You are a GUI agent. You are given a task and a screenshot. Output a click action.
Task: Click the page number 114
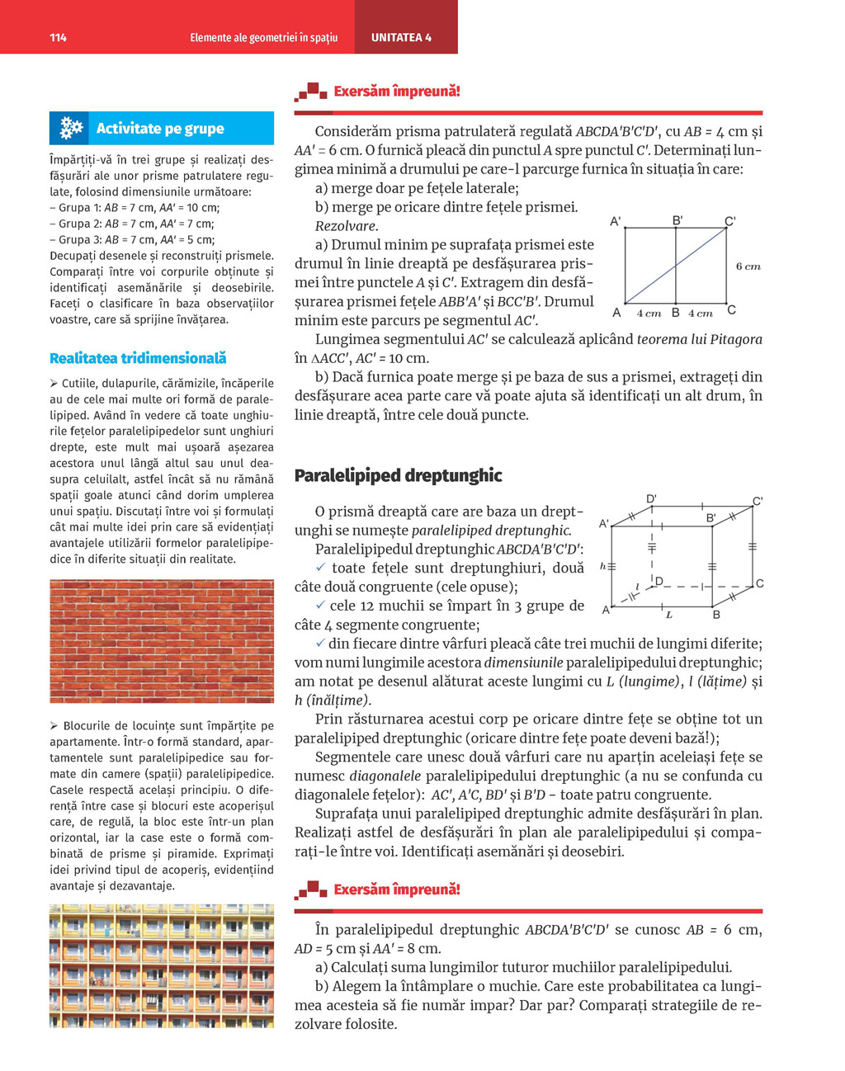tap(58, 37)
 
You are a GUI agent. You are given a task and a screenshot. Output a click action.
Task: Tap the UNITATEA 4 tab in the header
tap(401, 37)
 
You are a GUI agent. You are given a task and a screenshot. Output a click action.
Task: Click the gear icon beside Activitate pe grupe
tap(71, 128)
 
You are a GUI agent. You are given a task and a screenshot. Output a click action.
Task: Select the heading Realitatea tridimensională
tap(138, 358)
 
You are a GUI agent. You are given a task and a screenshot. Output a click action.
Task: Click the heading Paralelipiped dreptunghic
tap(398, 475)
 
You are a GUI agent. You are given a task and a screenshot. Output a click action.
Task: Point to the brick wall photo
tap(162, 641)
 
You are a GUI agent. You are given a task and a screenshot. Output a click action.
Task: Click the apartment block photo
tap(162, 965)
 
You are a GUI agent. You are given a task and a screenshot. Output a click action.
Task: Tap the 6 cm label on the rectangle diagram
tap(748, 267)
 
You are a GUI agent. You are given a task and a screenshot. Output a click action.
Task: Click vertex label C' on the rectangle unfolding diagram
tap(730, 220)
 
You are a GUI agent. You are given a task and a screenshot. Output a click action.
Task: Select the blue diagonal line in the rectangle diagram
tap(676, 266)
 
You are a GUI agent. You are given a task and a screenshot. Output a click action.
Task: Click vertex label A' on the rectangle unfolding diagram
tap(616, 221)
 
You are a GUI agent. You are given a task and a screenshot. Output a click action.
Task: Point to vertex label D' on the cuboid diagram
tap(651, 498)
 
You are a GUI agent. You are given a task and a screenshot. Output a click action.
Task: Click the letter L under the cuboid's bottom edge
tap(668, 615)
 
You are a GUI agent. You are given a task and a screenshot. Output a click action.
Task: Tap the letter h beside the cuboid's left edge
tap(602, 566)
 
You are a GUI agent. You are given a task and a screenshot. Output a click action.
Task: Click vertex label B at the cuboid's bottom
tap(716, 615)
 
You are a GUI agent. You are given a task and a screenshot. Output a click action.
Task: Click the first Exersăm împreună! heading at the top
tap(396, 92)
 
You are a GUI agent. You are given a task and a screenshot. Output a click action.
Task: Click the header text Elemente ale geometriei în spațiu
tap(263, 37)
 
